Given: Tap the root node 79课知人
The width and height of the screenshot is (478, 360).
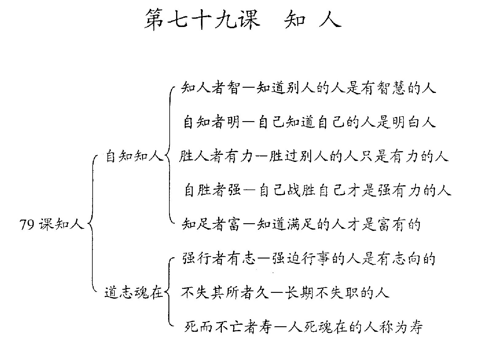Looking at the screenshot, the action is (x=52, y=224).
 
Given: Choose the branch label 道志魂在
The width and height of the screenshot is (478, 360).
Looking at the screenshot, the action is (x=134, y=292).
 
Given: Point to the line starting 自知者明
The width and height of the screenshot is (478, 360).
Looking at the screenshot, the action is (x=310, y=122).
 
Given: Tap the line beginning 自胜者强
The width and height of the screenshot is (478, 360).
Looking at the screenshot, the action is (x=318, y=190).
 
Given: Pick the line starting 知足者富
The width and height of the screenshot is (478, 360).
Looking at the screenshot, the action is (x=301, y=224).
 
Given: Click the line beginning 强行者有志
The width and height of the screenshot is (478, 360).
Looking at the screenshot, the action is (x=309, y=259).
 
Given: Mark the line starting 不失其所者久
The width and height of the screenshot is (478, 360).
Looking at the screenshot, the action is (x=285, y=292).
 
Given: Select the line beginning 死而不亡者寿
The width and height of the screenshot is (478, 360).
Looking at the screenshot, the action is (x=303, y=327).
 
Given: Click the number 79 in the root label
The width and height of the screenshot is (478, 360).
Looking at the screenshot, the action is (x=27, y=224).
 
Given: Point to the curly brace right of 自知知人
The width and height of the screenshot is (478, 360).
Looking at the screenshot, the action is (x=169, y=155).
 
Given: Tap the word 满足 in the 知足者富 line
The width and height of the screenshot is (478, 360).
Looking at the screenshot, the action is (x=301, y=224).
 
